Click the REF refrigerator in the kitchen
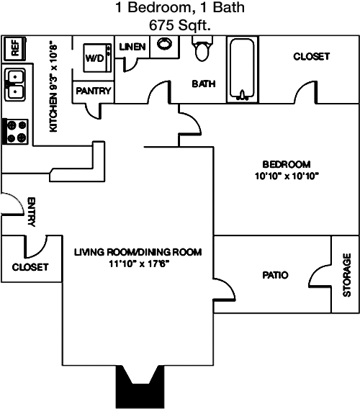14,48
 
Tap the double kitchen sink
15,84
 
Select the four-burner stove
15,131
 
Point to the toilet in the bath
202,49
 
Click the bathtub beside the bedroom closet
242,69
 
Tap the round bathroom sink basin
164,43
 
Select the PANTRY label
94,91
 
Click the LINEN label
132,47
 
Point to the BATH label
204,84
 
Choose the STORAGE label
347,275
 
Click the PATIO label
275,275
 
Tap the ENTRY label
31,212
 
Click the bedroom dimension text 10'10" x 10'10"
287,176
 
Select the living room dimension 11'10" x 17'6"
139,264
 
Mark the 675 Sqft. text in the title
180,25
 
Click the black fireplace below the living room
140,387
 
